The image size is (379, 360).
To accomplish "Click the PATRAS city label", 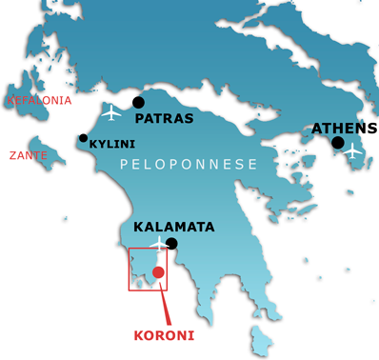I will pos(165,119).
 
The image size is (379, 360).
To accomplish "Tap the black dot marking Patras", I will pos(139,102).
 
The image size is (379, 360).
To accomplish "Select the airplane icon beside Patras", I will pos(112,112).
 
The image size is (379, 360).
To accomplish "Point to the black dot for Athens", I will pos(337,143).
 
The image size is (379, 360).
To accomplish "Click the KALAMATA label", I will pos(173,228).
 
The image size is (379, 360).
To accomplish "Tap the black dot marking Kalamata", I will pos(172,244).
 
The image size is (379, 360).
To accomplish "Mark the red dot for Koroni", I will pos(158,273).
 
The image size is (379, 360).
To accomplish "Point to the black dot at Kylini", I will pos(84,139).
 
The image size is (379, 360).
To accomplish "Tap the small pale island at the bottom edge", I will pos(260,337).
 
